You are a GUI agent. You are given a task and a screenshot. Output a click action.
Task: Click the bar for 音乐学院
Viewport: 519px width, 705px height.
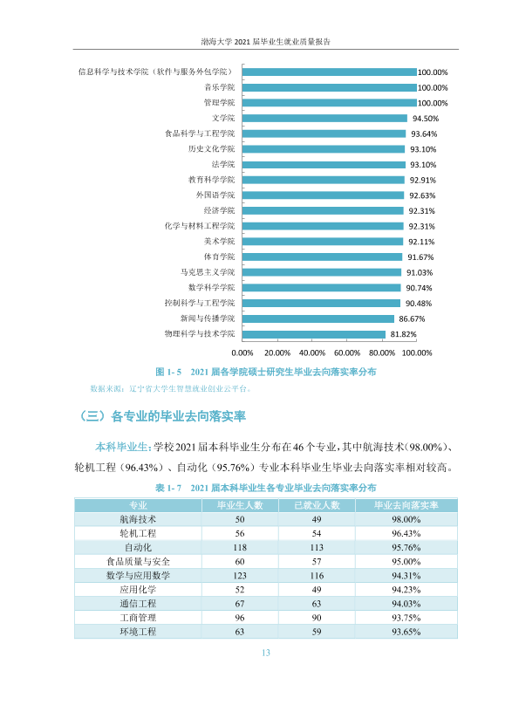330,87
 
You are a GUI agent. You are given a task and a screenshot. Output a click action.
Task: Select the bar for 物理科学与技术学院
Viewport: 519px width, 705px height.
314,334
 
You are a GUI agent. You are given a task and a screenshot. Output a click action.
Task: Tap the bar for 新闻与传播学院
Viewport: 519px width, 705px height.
318,318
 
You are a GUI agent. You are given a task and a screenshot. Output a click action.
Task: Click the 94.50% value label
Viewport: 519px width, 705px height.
426,119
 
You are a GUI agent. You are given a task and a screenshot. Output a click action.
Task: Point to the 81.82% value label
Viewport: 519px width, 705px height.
403,334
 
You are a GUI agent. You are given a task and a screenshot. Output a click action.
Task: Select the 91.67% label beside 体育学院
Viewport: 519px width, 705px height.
420,257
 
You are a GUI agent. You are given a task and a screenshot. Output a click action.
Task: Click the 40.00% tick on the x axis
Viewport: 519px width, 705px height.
312,353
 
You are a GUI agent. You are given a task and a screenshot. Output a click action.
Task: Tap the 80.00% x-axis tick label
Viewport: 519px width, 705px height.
382,353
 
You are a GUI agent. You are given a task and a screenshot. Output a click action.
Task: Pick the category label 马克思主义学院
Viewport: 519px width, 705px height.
208,272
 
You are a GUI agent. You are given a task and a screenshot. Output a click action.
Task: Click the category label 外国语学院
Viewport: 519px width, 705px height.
215,195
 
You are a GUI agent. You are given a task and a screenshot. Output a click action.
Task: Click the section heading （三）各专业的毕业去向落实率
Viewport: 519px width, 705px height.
162,416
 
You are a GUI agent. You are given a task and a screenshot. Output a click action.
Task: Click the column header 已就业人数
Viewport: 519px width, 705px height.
317,505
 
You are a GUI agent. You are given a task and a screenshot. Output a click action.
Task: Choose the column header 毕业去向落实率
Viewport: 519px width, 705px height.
406,505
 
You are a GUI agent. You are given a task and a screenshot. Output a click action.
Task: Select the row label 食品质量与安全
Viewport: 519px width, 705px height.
138,562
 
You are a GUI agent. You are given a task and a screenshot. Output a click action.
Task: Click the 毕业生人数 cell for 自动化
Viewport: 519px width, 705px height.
240,548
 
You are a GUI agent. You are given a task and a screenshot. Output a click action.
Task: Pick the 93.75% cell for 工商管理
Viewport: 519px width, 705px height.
406,618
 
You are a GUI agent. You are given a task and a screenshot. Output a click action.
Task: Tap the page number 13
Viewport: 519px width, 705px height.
266,653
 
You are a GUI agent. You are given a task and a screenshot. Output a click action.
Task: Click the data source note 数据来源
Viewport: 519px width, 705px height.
171,389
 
